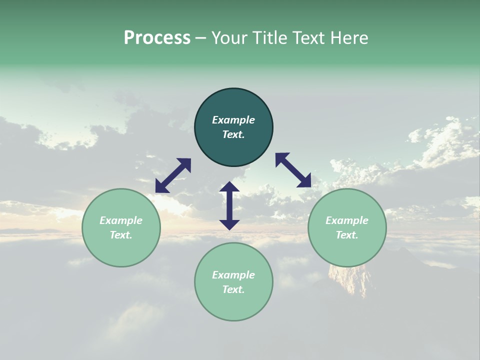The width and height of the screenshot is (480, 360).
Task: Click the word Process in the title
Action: pyautogui.click(x=157, y=38)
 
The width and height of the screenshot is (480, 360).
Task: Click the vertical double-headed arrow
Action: pyautogui.click(x=229, y=205)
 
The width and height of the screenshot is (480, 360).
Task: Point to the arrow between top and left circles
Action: pyautogui.click(x=173, y=175)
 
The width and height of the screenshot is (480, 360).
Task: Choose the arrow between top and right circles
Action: pyautogui.click(x=293, y=170)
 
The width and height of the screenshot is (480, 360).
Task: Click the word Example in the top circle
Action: pyautogui.click(x=233, y=120)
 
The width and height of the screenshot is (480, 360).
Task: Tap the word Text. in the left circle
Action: pyautogui.click(x=121, y=235)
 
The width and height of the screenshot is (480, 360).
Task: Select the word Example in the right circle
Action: pyautogui.click(x=347, y=220)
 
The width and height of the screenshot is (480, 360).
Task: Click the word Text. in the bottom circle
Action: pyautogui.click(x=233, y=289)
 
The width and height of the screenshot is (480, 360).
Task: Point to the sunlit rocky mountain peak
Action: pyautogui.click(x=350, y=280)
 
